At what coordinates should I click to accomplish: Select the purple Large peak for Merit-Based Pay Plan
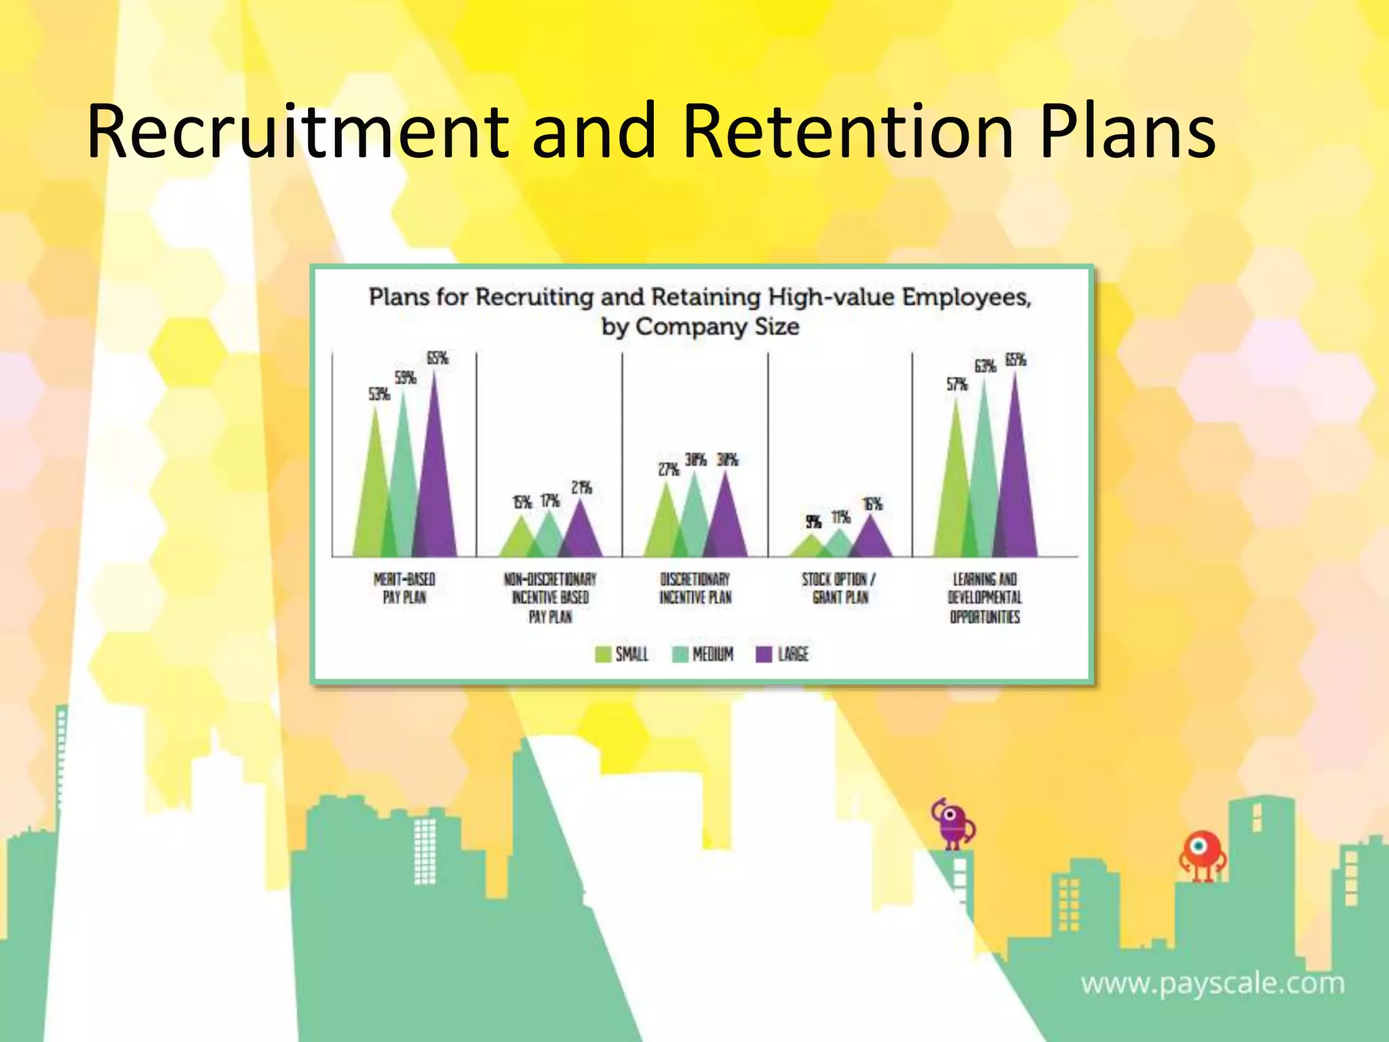pos(435,488)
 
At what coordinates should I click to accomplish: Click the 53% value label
pos(379,393)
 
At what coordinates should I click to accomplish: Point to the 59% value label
pos(406,377)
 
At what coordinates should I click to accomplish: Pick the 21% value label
pos(581,487)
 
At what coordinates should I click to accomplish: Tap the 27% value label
pos(669,469)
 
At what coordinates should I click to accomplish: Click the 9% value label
pos(813,521)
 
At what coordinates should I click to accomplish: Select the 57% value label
pos(957,384)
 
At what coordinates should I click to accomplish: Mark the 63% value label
pos(985,366)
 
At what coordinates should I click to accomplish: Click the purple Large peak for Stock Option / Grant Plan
pos(872,540)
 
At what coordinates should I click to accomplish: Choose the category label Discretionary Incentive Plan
pos(695,588)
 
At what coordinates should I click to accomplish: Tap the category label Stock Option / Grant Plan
pos(840,588)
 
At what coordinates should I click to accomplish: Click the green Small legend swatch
pos(602,654)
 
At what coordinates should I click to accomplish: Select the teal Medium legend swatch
pos(680,654)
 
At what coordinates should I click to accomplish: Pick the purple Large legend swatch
pos(764,654)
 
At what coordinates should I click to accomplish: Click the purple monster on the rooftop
pos(953,824)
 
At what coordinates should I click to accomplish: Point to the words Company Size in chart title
pos(717,327)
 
